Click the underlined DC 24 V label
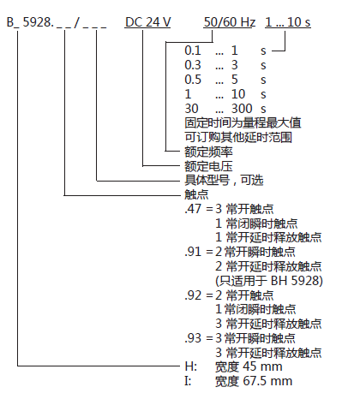(147, 22)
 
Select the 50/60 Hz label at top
(230, 22)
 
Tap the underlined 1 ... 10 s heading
(288, 22)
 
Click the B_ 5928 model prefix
(29, 22)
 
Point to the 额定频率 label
(208, 152)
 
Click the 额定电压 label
(208, 166)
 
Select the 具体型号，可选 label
(224, 181)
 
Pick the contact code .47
(193, 209)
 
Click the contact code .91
(193, 252)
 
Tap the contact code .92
(193, 295)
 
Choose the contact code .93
(193, 338)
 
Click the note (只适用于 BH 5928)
(269, 281)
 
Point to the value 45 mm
(262, 366)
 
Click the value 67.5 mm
(267, 381)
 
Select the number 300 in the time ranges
(242, 109)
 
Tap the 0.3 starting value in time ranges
(193, 65)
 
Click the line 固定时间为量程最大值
(243, 123)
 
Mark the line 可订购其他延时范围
(238, 137)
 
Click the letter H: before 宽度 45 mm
(191, 366)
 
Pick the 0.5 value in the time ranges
(193, 80)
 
